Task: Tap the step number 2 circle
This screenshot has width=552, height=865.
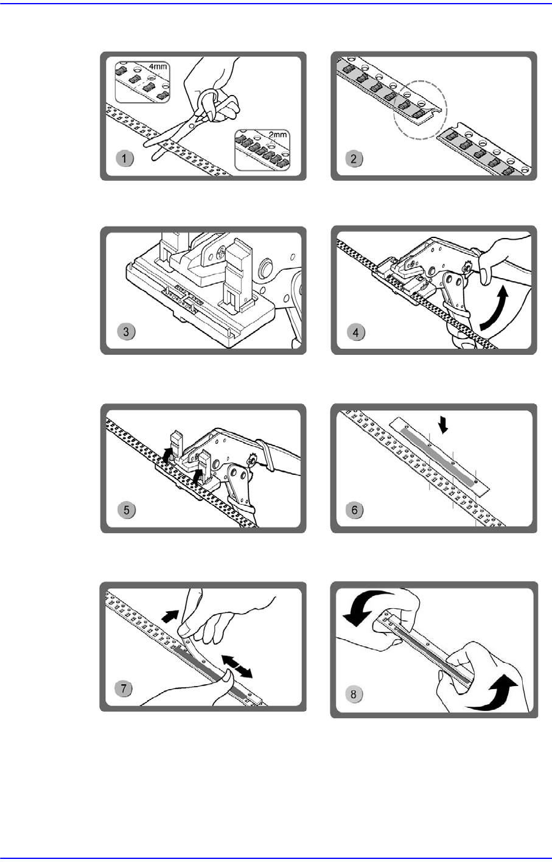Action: (354, 158)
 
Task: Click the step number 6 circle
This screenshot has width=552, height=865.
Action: (355, 510)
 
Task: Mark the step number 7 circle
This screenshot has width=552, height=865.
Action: (124, 688)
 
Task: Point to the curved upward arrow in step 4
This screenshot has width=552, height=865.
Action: (500, 310)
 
